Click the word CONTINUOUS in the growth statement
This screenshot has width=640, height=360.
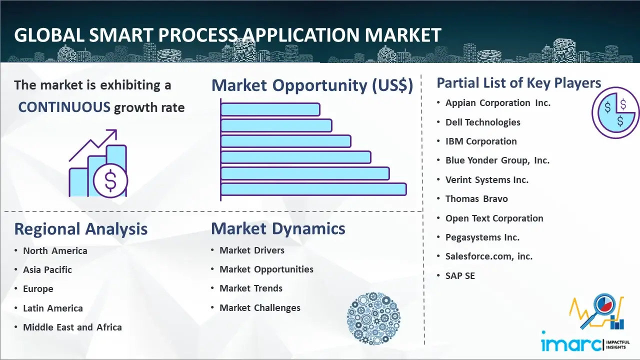coord(64,107)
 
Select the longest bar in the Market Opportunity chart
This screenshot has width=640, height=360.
coord(313,189)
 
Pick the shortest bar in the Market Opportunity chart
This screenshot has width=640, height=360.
coord(270,109)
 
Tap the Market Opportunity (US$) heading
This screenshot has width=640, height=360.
coord(312,85)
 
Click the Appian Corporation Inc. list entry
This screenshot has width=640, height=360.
coord(497,103)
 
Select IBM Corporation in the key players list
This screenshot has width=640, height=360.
coord(481,141)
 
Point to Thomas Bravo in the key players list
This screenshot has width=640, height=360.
coord(476,199)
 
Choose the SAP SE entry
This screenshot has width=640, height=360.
coord(460,275)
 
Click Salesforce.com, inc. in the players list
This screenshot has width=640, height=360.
coord(489,256)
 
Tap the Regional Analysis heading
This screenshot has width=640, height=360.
coord(81,229)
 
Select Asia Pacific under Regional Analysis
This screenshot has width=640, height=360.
coord(47,269)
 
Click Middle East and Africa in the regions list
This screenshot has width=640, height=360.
coord(72,327)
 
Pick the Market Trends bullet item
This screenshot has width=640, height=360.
coord(251,288)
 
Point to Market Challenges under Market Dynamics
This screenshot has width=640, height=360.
coord(259,307)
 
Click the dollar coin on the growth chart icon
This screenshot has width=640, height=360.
coord(110,180)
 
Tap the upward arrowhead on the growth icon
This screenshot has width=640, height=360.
coord(112,134)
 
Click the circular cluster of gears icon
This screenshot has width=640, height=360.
coord(373,318)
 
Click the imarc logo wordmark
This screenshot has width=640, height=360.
coord(571,344)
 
